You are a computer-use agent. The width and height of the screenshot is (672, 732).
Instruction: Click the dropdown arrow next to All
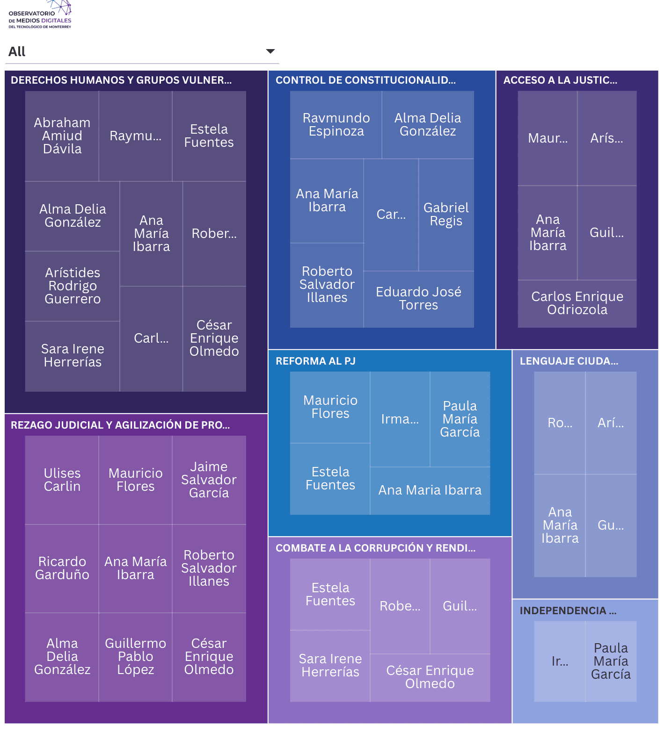[270, 51]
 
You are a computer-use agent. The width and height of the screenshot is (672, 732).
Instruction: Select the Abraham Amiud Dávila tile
[62, 136]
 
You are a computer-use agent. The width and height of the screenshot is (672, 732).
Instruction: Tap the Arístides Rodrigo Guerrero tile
[73, 286]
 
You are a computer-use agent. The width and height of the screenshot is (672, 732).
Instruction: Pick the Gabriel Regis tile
[446, 214]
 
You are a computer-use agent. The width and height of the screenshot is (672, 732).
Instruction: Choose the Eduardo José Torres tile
[418, 299]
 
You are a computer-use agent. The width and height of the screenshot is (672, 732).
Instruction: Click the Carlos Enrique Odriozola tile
[577, 303]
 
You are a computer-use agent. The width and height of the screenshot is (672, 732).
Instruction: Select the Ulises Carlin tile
[62, 480]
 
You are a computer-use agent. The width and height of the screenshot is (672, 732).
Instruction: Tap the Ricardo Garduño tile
[62, 568]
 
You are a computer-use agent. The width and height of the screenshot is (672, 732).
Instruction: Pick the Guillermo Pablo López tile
[135, 656]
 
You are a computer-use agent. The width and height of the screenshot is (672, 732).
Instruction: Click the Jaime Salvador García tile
[209, 480]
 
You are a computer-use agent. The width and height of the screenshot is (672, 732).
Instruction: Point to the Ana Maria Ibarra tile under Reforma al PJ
[430, 490]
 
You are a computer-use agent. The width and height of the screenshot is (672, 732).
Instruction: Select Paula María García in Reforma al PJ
[460, 419]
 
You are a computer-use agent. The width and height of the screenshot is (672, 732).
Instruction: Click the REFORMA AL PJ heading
[315, 361]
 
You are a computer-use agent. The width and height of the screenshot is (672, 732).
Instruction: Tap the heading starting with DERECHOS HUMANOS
[121, 80]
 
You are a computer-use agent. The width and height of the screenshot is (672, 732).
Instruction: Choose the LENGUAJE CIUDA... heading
[569, 361]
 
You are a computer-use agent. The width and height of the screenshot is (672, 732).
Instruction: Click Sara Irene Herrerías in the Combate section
[330, 665]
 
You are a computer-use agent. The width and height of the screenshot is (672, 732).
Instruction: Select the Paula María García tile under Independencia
[610, 661]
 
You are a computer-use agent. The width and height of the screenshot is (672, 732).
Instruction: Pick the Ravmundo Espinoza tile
[336, 124]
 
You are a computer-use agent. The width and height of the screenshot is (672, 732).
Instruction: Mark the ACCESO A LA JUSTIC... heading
[560, 80]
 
